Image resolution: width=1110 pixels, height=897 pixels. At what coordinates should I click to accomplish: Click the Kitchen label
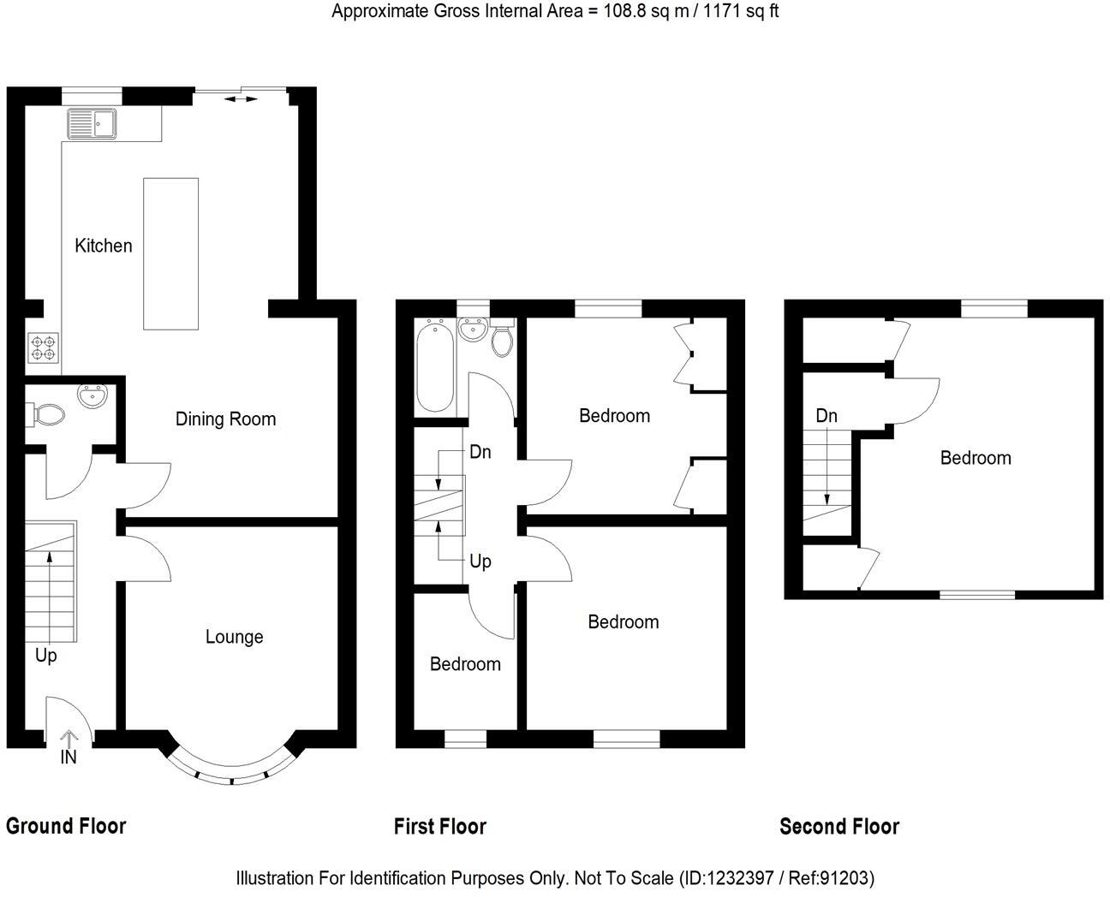click(104, 246)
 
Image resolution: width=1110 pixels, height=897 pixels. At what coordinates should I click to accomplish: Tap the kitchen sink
click(92, 124)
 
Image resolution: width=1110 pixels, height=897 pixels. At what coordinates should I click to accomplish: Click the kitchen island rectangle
click(170, 253)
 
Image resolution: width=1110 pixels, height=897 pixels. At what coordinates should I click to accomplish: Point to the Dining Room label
click(225, 419)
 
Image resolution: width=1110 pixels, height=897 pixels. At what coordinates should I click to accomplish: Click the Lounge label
click(234, 637)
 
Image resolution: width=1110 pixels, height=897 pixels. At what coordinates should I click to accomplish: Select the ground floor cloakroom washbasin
click(92, 397)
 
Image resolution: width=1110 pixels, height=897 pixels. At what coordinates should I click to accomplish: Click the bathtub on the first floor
click(434, 369)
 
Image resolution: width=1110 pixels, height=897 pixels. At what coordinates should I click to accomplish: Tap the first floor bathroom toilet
click(502, 341)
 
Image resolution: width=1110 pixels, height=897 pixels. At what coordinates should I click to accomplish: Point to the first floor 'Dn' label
click(480, 452)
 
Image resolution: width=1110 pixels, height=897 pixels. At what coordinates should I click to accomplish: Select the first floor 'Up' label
click(480, 561)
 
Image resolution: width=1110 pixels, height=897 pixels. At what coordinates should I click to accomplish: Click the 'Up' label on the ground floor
click(46, 656)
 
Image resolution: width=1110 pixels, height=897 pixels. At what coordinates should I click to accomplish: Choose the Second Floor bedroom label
click(976, 458)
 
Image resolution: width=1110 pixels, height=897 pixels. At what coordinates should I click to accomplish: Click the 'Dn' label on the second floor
click(827, 417)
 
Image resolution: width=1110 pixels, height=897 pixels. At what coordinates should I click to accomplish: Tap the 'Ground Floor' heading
click(66, 826)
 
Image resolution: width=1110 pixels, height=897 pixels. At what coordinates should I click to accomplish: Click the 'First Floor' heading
click(440, 826)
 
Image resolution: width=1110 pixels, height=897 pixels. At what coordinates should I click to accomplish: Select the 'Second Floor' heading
click(839, 826)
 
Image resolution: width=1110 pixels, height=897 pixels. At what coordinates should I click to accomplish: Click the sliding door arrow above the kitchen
click(241, 100)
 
